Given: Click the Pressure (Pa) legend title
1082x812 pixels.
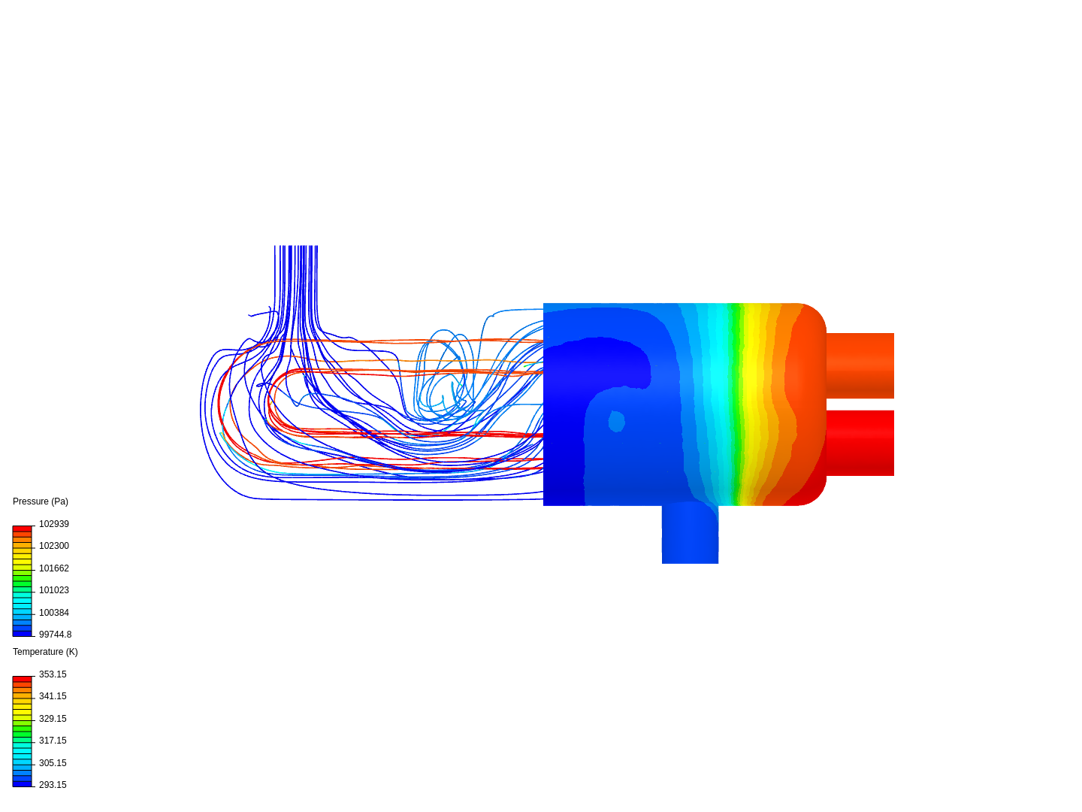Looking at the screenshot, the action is (x=41, y=501).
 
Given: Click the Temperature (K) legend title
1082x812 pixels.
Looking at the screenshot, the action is (x=45, y=652).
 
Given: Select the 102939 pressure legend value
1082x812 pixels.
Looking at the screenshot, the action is (x=54, y=524).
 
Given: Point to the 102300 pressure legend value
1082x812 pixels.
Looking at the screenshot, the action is (x=54, y=546).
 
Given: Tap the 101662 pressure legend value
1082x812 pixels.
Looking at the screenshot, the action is (x=54, y=568).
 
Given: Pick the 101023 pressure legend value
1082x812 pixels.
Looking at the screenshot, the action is (x=54, y=590).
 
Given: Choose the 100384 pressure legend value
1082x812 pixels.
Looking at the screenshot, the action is (x=54, y=613).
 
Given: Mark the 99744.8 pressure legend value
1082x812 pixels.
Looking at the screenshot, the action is (x=55, y=635).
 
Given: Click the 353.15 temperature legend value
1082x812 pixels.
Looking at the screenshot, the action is (x=53, y=674).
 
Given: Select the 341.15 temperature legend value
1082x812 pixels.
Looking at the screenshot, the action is (x=53, y=696).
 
